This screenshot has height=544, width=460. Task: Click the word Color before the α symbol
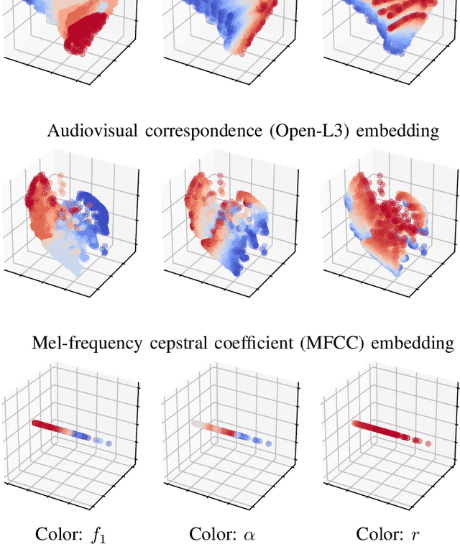click(x=212, y=534)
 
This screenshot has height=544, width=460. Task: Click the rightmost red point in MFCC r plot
click(x=428, y=443)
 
